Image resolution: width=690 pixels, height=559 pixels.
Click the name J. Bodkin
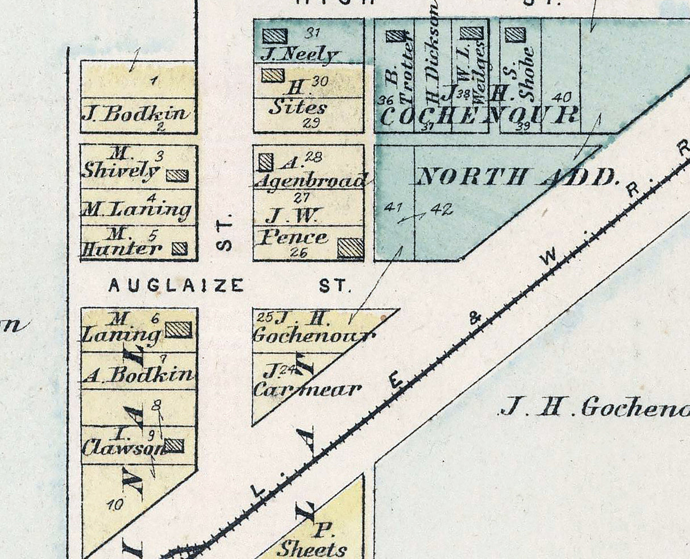pos(135,113)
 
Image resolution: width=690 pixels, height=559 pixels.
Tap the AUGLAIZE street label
pos(176,285)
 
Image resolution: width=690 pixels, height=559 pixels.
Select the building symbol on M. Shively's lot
pos(177,176)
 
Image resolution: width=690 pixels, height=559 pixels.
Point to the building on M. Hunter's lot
pos(180,248)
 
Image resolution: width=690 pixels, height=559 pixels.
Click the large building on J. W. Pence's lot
pos(350,248)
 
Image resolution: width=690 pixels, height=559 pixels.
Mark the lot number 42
pos(442,209)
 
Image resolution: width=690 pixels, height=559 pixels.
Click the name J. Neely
pos(299,54)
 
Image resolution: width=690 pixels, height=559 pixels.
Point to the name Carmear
pos(307,390)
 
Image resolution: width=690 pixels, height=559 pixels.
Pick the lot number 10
pos(114,503)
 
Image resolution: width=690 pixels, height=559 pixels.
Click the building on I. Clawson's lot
pos(174,445)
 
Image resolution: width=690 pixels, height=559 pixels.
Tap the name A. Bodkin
pos(138,374)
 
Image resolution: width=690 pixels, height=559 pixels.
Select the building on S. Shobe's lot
pos(515,35)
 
